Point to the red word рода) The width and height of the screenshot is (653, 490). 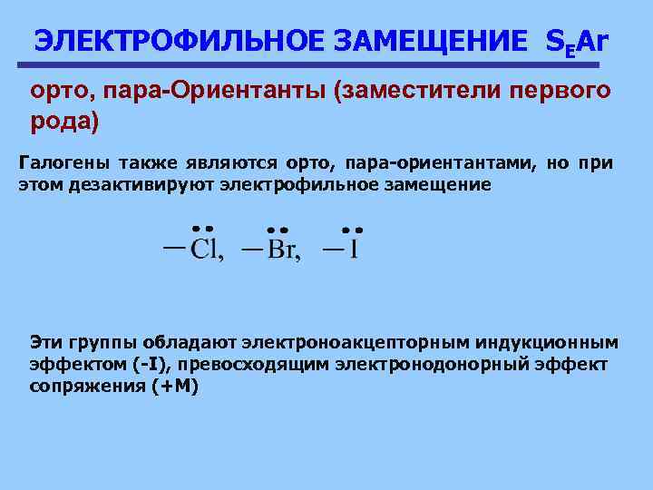(x=63, y=120)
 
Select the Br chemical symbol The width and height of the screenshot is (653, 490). (x=281, y=250)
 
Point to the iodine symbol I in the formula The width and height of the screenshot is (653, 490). (x=353, y=250)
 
